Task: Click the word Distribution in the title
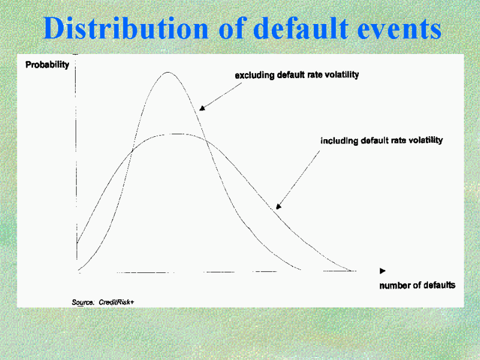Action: (126, 28)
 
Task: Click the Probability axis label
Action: (47, 65)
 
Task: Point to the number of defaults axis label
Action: (417, 286)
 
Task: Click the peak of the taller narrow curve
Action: (168, 72)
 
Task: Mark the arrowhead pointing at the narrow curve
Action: (202, 108)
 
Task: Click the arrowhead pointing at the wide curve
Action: (278, 206)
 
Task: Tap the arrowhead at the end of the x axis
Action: (383, 271)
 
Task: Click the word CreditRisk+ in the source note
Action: (116, 302)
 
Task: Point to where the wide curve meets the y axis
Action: (77, 243)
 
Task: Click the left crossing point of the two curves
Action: (132, 151)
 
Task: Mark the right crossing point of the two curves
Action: (206, 140)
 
